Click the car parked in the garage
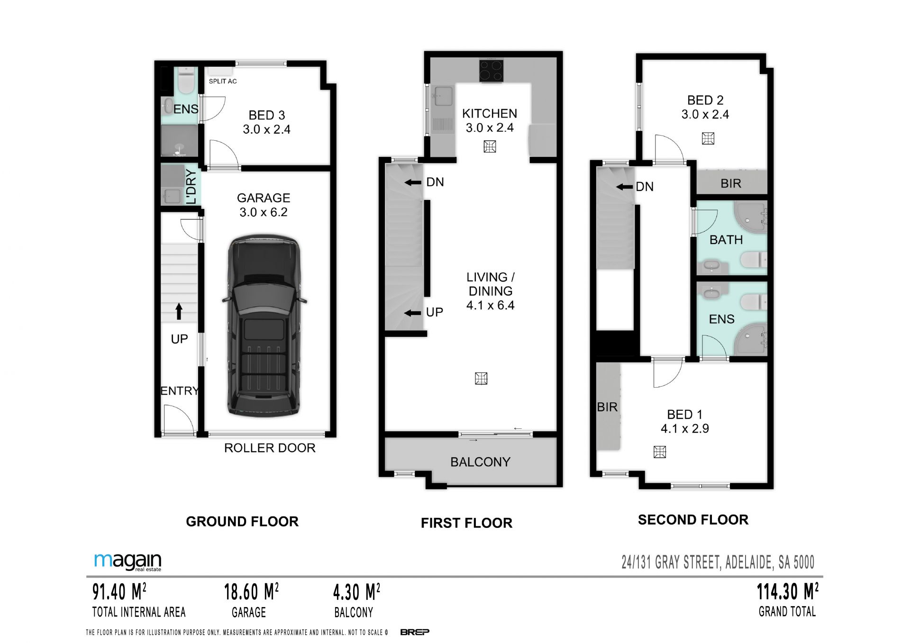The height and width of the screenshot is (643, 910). coord(264,327)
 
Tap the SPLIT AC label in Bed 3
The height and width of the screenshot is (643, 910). coord(223,81)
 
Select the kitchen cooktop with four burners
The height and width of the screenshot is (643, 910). coord(491,71)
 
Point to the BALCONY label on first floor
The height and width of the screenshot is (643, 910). coord(480,462)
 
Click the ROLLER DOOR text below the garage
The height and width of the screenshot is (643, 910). coord(270,448)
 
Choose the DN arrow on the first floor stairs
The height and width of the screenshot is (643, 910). coord(413,182)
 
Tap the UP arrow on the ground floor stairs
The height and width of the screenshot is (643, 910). coord(179,311)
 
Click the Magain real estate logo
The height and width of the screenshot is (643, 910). coord(128,562)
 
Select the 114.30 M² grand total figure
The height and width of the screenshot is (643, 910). coord(788,592)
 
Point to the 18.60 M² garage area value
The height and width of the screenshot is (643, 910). coord(251,592)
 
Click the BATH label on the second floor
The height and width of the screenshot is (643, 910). coord(726,240)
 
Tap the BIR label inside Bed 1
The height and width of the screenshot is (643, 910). coord(607,407)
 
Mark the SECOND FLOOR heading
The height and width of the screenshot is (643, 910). coord(693,520)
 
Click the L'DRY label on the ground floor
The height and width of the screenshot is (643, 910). coord(191,187)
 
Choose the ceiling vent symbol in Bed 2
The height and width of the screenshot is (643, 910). coord(708,138)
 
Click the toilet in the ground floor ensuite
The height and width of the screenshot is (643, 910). coord(186,81)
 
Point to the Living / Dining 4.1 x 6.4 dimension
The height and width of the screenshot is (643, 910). coord(490,306)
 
